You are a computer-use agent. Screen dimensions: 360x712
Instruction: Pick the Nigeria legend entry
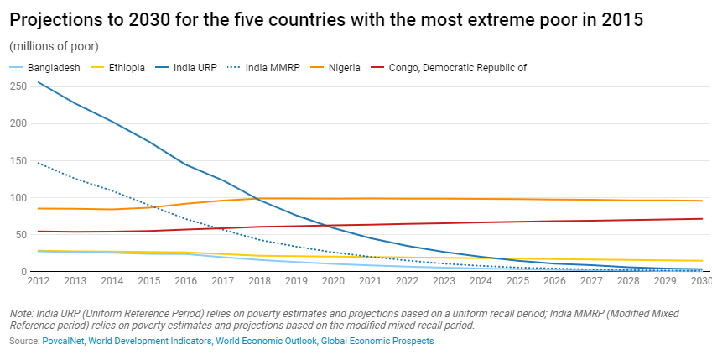point(343,68)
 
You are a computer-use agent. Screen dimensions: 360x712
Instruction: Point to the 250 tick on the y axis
point(17,86)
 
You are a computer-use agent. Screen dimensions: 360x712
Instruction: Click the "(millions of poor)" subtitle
point(54,46)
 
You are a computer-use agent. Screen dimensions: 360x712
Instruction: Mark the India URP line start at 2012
point(39,82)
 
